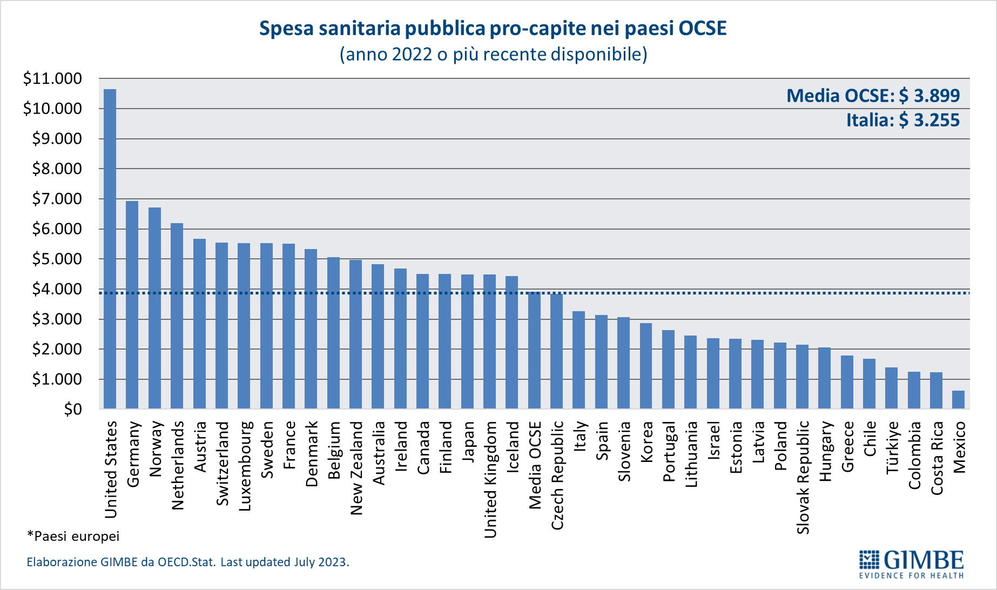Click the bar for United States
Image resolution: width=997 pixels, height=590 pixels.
tap(110, 249)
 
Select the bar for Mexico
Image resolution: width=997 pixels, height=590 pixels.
tap(958, 399)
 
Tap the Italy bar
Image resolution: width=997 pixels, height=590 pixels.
tap(578, 360)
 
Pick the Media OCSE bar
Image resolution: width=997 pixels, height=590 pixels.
tap(534, 350)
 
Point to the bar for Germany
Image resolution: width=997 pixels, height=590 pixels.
tap(132, 305)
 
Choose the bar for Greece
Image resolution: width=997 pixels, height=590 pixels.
tap(847, 382)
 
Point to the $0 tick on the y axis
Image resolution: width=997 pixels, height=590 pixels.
tap(73, 410)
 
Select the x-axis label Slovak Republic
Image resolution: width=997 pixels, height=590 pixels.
tap(803, 477)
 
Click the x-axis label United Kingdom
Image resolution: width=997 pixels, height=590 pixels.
tap(490, 479)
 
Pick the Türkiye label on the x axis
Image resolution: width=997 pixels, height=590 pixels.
tap(892, 447)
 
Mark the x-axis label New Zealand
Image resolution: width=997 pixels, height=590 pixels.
tap(356, 468)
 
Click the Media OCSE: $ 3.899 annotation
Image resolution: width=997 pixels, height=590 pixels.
tap(873, 96)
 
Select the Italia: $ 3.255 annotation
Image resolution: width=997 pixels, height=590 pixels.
tap(902, 120)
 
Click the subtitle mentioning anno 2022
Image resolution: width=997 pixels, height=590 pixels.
tap(493, 54)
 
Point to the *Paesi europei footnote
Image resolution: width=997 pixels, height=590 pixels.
tap(73, 536)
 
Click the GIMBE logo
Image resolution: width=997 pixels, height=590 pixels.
tap(911, 564)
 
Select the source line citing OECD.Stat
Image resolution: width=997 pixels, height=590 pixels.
tap(188, 562)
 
